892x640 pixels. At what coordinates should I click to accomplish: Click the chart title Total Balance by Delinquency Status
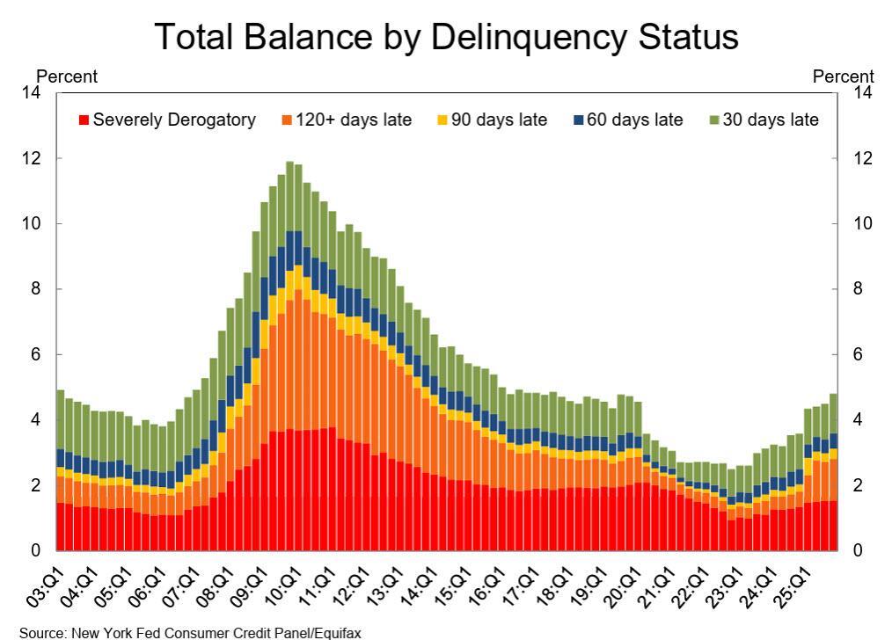446,37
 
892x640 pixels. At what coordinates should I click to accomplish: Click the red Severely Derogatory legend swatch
84,120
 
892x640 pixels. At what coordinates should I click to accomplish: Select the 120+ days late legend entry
347,120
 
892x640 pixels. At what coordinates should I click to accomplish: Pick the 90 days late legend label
499,120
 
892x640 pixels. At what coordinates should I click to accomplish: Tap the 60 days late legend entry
634,120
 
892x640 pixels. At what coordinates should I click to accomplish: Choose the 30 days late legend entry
771,120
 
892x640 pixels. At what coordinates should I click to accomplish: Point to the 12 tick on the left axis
33,158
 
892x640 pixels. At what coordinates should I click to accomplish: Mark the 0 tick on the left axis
37,551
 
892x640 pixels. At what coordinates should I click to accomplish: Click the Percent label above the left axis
67,76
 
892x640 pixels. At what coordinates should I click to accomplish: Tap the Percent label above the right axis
844,76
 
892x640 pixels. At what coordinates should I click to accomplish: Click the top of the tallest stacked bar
289,163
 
